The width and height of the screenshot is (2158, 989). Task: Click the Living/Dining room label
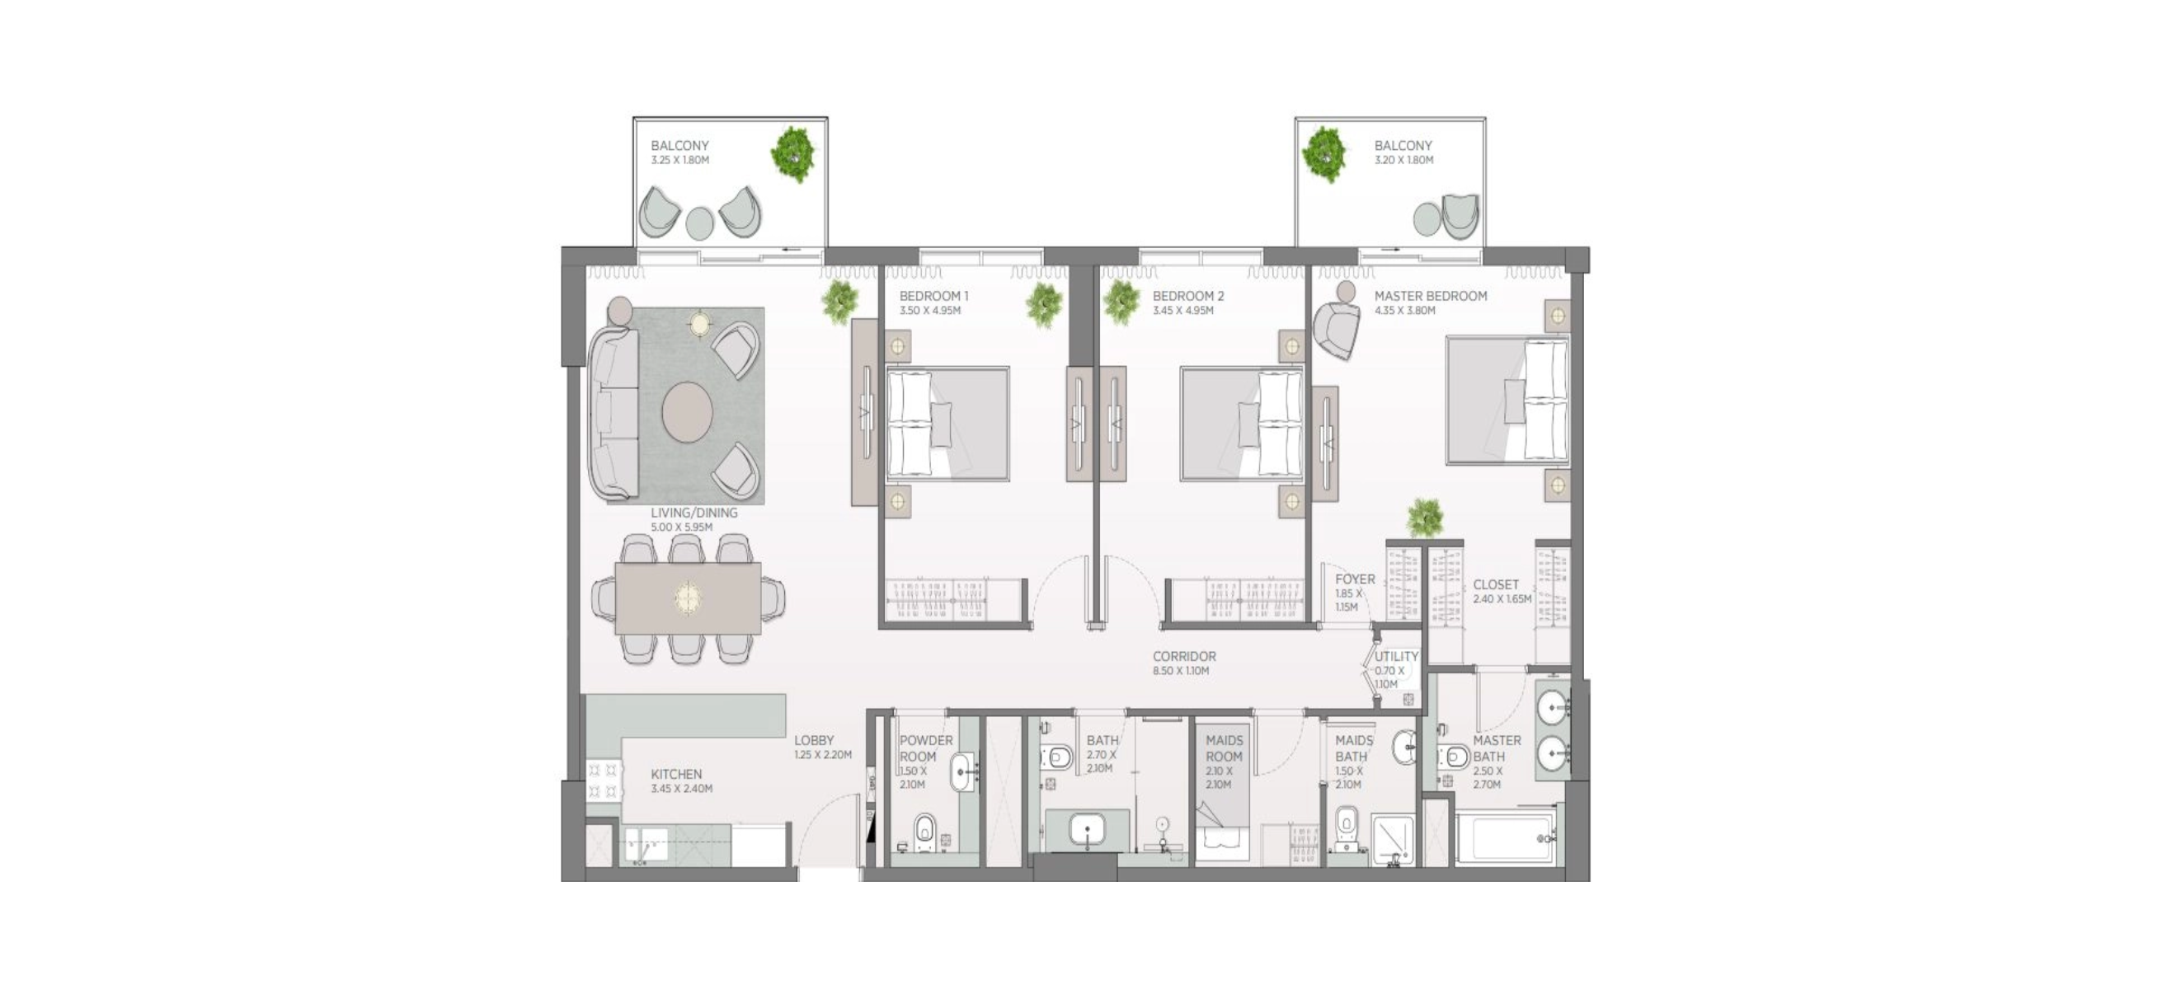coord(693,513)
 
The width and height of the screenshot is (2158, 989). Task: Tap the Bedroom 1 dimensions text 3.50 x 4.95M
coord(930,311)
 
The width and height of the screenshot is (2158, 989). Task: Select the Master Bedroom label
coord(1431,296)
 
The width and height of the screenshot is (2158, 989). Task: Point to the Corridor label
coord(1183,657)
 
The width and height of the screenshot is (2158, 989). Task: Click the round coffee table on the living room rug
coord(687,411)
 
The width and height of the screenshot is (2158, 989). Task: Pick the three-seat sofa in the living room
coord(613,413)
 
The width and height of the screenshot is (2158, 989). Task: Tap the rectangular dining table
coord(688,598)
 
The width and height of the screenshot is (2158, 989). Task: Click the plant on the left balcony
coord(792,153)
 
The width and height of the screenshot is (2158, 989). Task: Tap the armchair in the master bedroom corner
coord(1337,329)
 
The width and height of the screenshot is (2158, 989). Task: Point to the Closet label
coord(1495,584)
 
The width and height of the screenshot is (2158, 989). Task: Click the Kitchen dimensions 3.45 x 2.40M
coord(682,789)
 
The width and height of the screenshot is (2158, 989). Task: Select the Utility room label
coord(1397,657)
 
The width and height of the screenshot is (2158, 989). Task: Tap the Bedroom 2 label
coord(1188,296)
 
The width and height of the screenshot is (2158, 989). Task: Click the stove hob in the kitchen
coord(603,780)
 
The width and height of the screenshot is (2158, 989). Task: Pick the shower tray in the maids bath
coord(1392,839)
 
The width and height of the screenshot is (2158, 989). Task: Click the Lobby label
coord(814,740)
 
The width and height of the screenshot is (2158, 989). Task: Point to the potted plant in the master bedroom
coord(1425,517)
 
